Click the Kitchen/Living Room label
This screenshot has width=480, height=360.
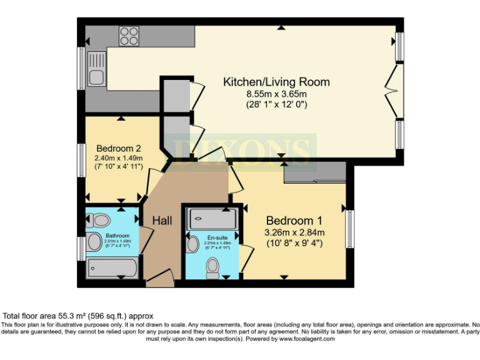(276, 82)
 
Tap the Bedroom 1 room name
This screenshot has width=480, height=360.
(294, 221)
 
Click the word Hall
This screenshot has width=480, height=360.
(162, 221)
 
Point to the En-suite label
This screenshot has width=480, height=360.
(217, 237)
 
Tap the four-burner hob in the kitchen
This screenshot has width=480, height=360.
(129, 35)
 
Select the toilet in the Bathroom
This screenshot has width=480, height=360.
(100, 219)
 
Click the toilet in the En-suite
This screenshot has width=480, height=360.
(213, 267)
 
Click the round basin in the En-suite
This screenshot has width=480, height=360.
(192, 244)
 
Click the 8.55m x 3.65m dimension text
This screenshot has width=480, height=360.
(276, 94)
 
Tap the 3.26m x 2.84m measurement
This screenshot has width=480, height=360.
(294, 233)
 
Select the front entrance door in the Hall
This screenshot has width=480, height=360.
(160, 277)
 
